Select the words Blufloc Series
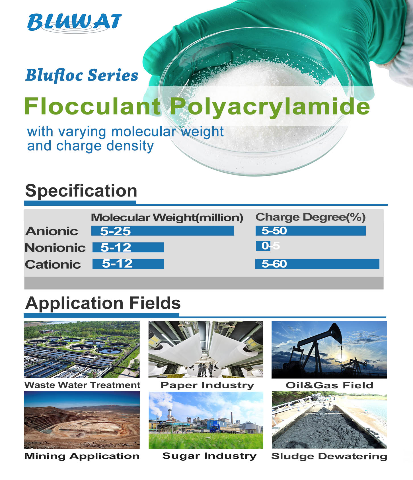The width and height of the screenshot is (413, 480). point(82,75)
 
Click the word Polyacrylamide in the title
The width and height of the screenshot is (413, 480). point(270,107)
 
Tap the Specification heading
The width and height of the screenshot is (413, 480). point(81,191)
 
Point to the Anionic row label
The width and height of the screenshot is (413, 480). point(52,231)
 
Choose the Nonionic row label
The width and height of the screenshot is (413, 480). point(55,248)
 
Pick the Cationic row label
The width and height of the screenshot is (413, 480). point(53,264)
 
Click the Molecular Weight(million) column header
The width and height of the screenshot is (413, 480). point(167,218)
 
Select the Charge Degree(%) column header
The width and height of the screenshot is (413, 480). point(311,217)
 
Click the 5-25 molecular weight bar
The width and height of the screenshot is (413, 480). point(163,231)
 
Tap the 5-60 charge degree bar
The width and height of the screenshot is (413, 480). point(317,264)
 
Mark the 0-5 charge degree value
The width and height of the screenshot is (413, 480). point(271,246)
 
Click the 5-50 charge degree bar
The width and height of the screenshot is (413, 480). point(311,231)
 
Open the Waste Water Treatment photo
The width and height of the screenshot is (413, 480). point(82,350)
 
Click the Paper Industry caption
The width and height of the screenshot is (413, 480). point(207,385)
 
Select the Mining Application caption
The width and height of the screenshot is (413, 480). point(82,456)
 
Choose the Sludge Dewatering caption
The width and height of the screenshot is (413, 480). point(329,456)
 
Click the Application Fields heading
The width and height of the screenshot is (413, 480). point(103,303)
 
